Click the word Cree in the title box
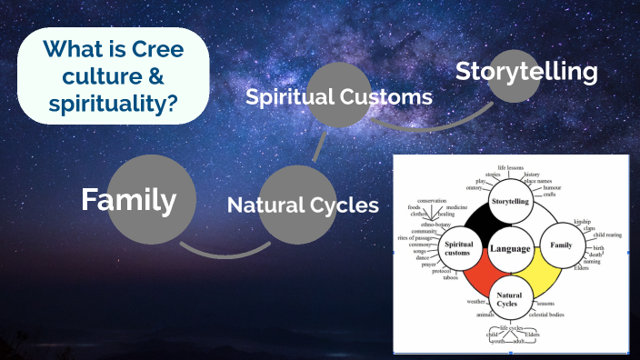click(161, 51)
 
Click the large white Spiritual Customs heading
click(339, 95)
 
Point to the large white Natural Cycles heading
click(303, 205)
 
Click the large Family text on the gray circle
click(128, 199)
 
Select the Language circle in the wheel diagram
click(510, 248)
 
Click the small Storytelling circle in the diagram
click(510, 200)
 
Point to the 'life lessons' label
click(510, 168)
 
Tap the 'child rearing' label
click(608, 235)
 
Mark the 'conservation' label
click(432, 200)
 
